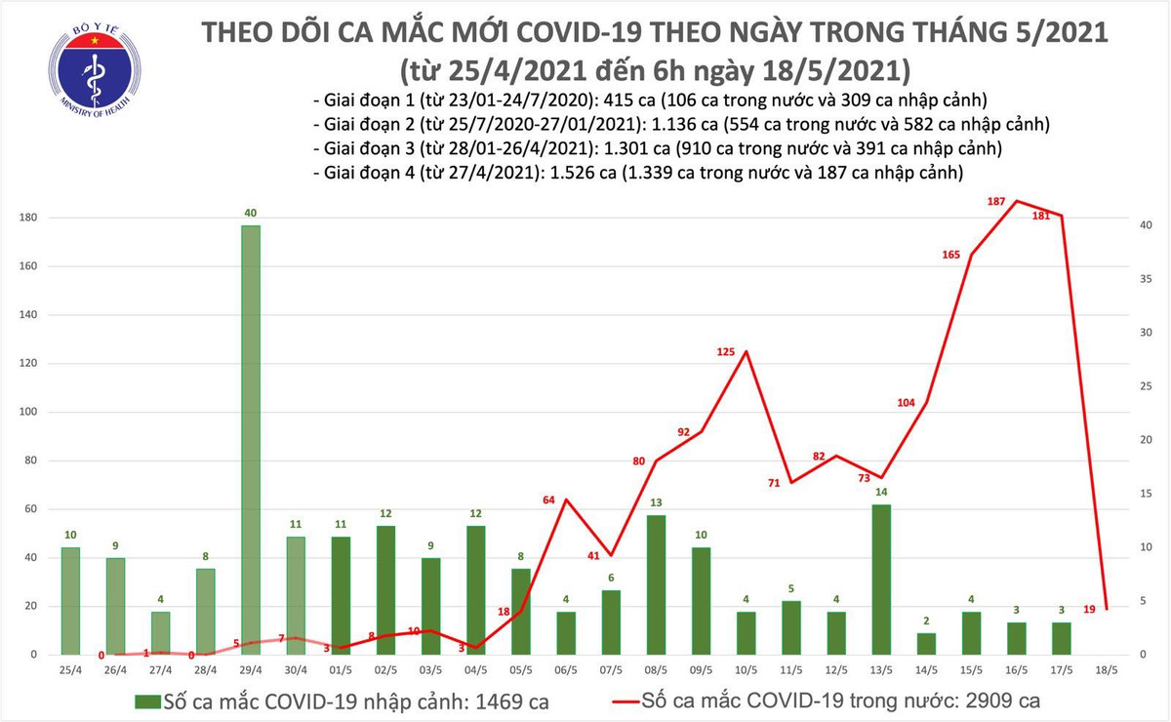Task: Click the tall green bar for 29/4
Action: (x=251, y=439)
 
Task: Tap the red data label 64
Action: (x=548, y=500)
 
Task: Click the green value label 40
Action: (x=251, y=213)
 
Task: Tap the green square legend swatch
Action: (x=149, y=701)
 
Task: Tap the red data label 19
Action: (x=1089, y=609)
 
